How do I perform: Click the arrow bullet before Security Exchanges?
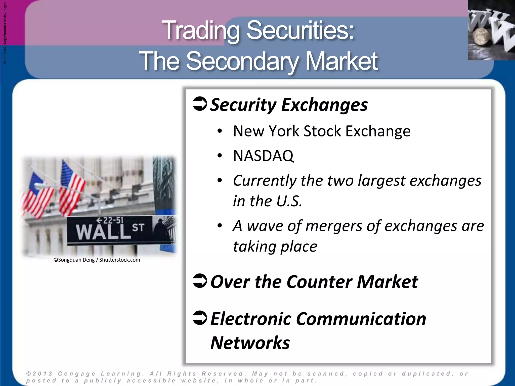[x=200, y=104]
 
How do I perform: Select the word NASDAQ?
[x=263, y=156]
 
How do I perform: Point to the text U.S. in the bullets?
[x=289, y=201]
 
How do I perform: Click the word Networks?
[x=250, y=343]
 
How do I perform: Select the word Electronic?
[x=250, y=319]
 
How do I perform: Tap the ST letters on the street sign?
[x=138, y=228]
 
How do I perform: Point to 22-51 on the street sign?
[x=113, y=220]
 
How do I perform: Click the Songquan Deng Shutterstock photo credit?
[x=97, y=260]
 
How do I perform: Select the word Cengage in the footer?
[x=77, y=374]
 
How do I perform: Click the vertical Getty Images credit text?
[x=5, y=33]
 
